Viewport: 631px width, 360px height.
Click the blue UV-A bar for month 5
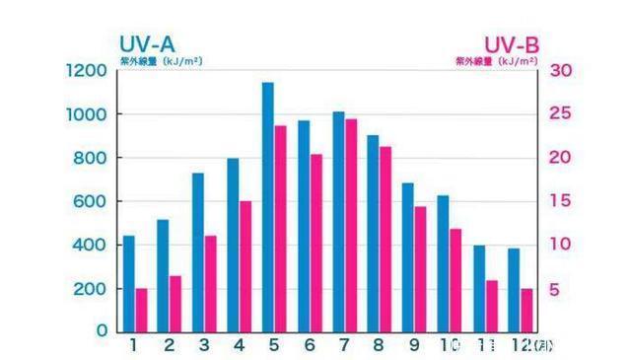[x=268, y=207]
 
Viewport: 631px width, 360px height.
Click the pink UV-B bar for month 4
[x=245, y=266]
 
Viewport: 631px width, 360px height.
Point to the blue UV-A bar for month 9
[x=408, y=256]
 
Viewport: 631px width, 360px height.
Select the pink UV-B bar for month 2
[x=175, y=303]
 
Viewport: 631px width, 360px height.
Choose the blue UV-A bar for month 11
[x=479, y=288]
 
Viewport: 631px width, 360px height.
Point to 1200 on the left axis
[x=87, y=71]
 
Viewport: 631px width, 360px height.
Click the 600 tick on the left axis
[x=92, y=201]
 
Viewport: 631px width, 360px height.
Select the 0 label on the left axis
[x=101, y=331]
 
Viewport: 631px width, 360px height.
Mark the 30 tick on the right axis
[x=559, y=71]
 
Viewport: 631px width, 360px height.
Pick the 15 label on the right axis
[x=559, y=201]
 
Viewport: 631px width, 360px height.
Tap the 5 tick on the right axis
[x=554, y=289]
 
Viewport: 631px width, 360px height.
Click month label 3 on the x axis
[x=204, y=345]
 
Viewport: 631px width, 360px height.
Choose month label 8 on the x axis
[x=379, y=345]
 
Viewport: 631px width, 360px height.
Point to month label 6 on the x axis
[x=309, y=345]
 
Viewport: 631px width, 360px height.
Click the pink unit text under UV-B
[x=496, y=60]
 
